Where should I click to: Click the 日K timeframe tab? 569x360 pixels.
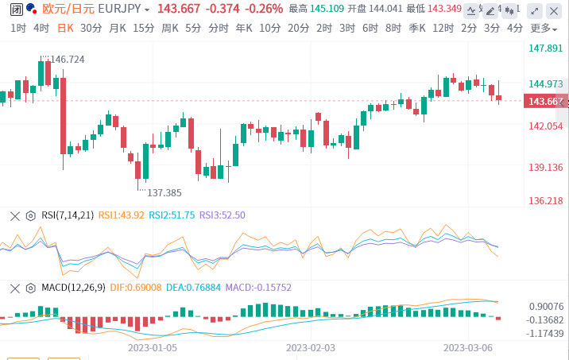pyautogui.click(x=65, y=27)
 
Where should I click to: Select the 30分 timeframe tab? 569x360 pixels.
pyautogui.click(x=91, y=27)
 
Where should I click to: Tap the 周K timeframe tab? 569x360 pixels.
pyautogui.click(x=169, y=27)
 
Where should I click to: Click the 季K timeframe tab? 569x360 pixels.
pyautogui.click(x=416, y=27)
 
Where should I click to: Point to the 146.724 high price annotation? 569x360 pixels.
pyautogui.click(x=67, y=60)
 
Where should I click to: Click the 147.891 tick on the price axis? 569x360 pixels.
pyautogui.click(x=545, y=48)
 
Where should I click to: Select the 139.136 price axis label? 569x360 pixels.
pyautogui.click(x=545, y=167)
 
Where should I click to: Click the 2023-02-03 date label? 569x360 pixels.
pyautogui.click(x=311, y=347)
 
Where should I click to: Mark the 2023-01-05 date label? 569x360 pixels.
pyautogui.click(x=153, y=347)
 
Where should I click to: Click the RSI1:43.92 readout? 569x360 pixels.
pyautogui.click(x=122, y=215)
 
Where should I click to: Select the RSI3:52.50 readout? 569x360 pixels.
pyautogui.click(x=222, y=215)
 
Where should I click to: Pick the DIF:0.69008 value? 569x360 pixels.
pyautogui.click(x=135, y=287)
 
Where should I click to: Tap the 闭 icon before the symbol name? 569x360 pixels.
pyautogui.click(x=8, y=9)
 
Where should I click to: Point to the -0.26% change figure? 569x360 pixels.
pyautogui.click(x=265, y=9)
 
